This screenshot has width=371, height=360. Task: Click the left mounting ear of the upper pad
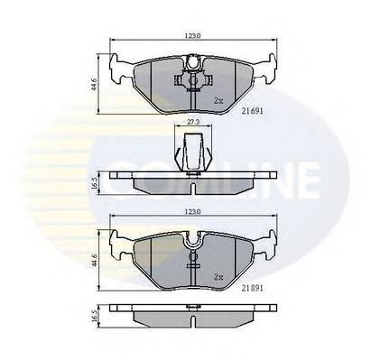click(x=117, y=67)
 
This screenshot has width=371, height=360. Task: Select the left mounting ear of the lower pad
click(x=117, y=242)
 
